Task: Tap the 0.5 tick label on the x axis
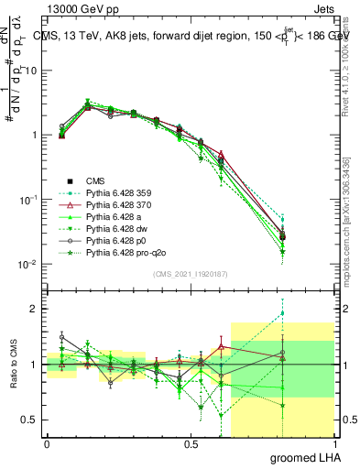pos(191,444)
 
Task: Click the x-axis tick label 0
pos(47,444)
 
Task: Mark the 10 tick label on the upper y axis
pos(29,71)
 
